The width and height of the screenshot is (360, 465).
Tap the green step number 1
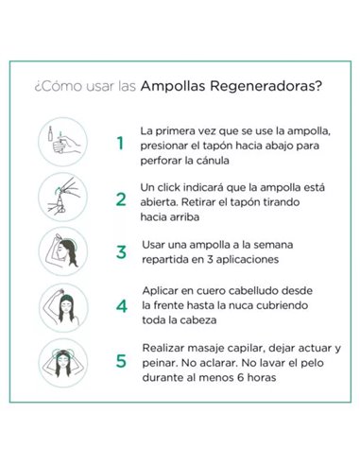[120, 144]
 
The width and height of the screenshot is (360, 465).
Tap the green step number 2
[120, 199]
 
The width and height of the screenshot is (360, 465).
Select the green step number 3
[120, 251]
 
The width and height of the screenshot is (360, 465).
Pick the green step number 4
[120, 306]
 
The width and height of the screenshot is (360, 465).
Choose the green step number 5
[120, 361]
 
